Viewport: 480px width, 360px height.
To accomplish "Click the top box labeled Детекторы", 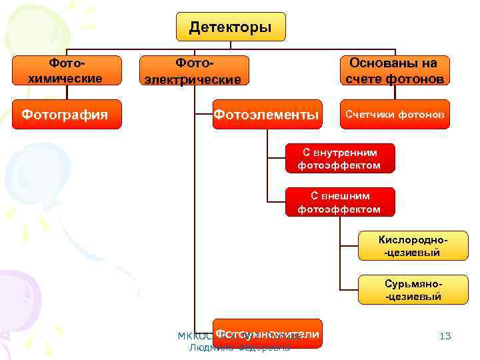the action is (x=230, y=27).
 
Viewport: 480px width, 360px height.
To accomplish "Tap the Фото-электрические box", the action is (x=193, y=71).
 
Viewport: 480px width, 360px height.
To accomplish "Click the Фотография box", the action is (x=65, y=114).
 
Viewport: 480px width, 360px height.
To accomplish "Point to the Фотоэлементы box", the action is (x=266, y=114).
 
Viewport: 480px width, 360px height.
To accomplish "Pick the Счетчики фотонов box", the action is (x=394, y=114).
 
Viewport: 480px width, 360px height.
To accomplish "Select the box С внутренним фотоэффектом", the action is (x=339, y=159).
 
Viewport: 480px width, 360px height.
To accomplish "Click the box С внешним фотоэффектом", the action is (x=339, y=203).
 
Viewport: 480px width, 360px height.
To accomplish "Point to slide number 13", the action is (x=445, y=336).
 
